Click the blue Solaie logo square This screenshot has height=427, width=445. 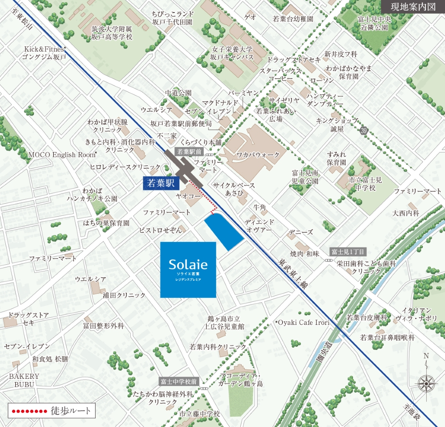[188, 270]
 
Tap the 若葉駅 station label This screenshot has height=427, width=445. [160, 182]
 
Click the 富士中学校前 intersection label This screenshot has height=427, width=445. [179, 382]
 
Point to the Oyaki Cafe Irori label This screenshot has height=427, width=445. [303, 323]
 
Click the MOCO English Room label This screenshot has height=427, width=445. [62, 155]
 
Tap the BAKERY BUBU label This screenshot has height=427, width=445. [24, 380]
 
